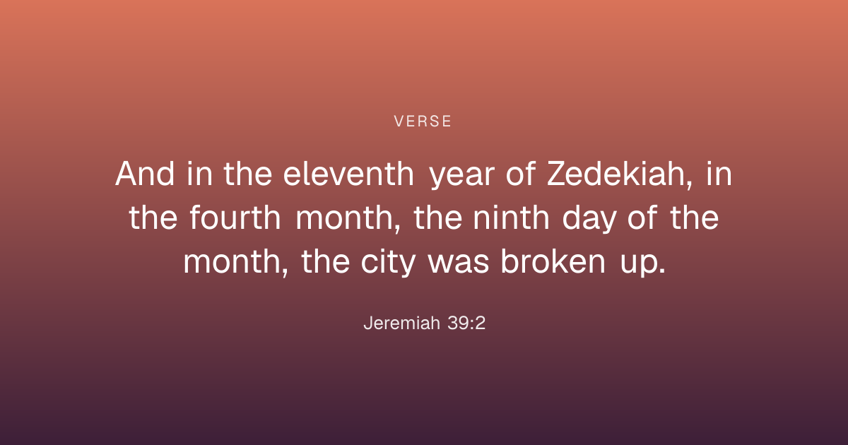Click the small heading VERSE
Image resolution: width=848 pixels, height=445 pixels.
(423, 121)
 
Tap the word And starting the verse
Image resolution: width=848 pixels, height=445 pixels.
(145, 174)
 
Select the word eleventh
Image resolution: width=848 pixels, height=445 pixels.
(348, 174)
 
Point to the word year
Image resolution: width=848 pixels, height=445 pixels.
(462, 177)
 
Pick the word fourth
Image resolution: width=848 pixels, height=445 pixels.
(235, 218)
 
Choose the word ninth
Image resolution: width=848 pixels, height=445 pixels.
(511, 218)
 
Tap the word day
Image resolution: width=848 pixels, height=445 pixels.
(589, 220)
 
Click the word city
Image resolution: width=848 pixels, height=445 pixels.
(389, 263)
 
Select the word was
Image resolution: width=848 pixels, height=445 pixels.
(459, 264)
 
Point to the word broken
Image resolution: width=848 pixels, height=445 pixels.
(553, 261)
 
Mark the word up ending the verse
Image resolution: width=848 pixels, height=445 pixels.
(643, 264)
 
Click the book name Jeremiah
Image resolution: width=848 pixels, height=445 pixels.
(401, 324)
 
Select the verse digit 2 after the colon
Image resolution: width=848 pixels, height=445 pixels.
(481, 324)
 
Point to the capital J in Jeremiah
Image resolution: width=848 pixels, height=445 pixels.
(368, 324)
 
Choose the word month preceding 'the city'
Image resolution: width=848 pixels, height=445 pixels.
(235, 263)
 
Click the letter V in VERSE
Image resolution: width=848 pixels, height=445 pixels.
(399, 121)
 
